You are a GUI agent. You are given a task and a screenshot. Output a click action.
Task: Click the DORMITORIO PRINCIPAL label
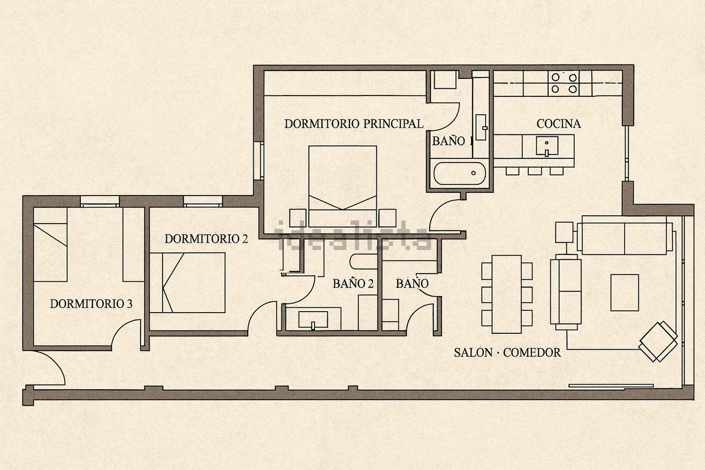coord(353,124)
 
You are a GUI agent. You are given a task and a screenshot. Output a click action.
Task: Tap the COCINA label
coord(558,124)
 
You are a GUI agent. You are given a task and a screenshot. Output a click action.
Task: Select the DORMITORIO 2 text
coord(206,239)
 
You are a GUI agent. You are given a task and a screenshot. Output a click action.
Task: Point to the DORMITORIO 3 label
coord(91,304)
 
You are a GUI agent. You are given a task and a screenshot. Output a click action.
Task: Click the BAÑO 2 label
coord(352,284)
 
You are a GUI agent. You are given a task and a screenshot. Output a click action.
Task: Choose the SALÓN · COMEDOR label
coord(507,352)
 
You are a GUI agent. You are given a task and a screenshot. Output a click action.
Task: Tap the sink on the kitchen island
coord(547,146)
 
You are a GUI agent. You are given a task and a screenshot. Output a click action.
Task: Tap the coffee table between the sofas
coord(624,292)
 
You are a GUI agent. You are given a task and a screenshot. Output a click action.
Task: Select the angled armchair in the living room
coord(658,341)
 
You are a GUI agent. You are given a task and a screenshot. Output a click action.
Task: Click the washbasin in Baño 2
coord(313,319)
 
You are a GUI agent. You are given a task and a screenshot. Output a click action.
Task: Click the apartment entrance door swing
coord(52,369)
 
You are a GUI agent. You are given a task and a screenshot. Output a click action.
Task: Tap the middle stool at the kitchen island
coord(534,170)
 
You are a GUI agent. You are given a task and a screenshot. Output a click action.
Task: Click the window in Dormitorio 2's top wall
coord(202,201)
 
